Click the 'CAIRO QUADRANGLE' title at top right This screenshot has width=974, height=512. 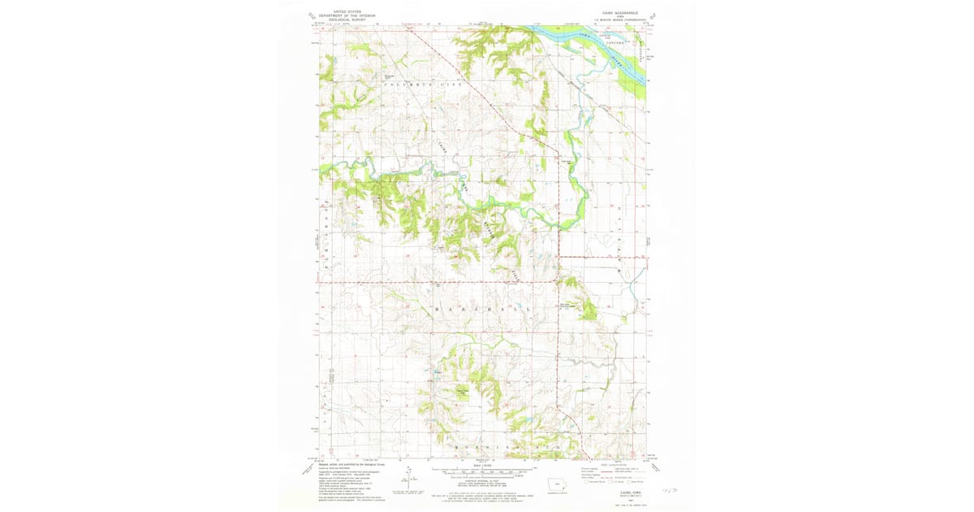(620, 12)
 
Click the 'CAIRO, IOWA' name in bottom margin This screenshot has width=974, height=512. (616, 489)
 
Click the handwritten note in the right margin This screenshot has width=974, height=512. (670, 491)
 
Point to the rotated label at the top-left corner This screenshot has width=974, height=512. (312, 15)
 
